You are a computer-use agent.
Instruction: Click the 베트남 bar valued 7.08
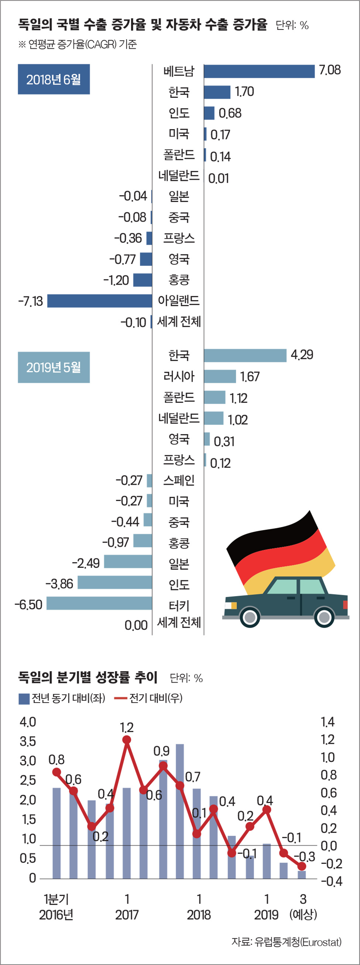tap(259, 71)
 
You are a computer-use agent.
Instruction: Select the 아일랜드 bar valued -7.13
tap(100, 301)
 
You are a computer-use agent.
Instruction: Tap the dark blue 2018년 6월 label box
tap(54, 79)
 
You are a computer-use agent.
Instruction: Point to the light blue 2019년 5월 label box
tap(54, 367)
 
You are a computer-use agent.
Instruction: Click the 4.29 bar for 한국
tap(245, 355)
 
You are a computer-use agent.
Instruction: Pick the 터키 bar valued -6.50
tap(99, 603)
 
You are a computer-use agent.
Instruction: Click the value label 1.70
tap(244, 92)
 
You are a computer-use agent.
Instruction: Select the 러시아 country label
tap(179, 376)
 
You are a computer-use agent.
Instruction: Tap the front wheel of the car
tap(250, 617)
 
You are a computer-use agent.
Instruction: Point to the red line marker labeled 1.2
tap(127, 739)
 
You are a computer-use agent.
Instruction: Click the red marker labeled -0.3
tap(302, 866)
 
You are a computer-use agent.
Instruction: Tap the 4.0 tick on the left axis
tap(28, 721)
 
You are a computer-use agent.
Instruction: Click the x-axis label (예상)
tap(303, 914)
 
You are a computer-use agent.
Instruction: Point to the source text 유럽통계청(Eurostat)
tap(298, 941)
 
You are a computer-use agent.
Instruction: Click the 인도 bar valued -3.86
tap(114, 583)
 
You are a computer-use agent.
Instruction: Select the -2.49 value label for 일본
tap(86, 563)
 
